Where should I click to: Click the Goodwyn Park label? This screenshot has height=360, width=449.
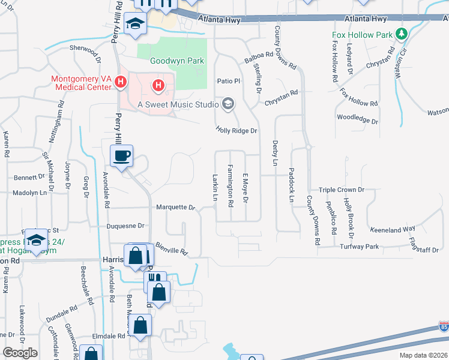(177, 61)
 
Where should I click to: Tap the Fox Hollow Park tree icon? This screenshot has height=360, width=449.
(402, 35)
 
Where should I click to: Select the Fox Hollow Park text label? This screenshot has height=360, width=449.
(362, 35)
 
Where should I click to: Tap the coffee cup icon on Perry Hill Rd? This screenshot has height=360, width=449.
(122, 157)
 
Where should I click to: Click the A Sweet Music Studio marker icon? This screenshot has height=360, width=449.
(228, 104)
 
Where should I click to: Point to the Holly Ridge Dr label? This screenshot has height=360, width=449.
(237, 130)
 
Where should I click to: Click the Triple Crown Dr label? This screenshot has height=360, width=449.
(342, 190)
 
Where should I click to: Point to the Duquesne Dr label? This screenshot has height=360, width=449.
(125, 226)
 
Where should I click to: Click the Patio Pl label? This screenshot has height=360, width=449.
(229, 80)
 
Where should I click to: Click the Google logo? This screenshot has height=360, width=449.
(20, 353)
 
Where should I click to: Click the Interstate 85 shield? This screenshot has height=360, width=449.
(444, 327)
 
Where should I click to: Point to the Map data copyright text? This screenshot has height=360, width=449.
(423, 355)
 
